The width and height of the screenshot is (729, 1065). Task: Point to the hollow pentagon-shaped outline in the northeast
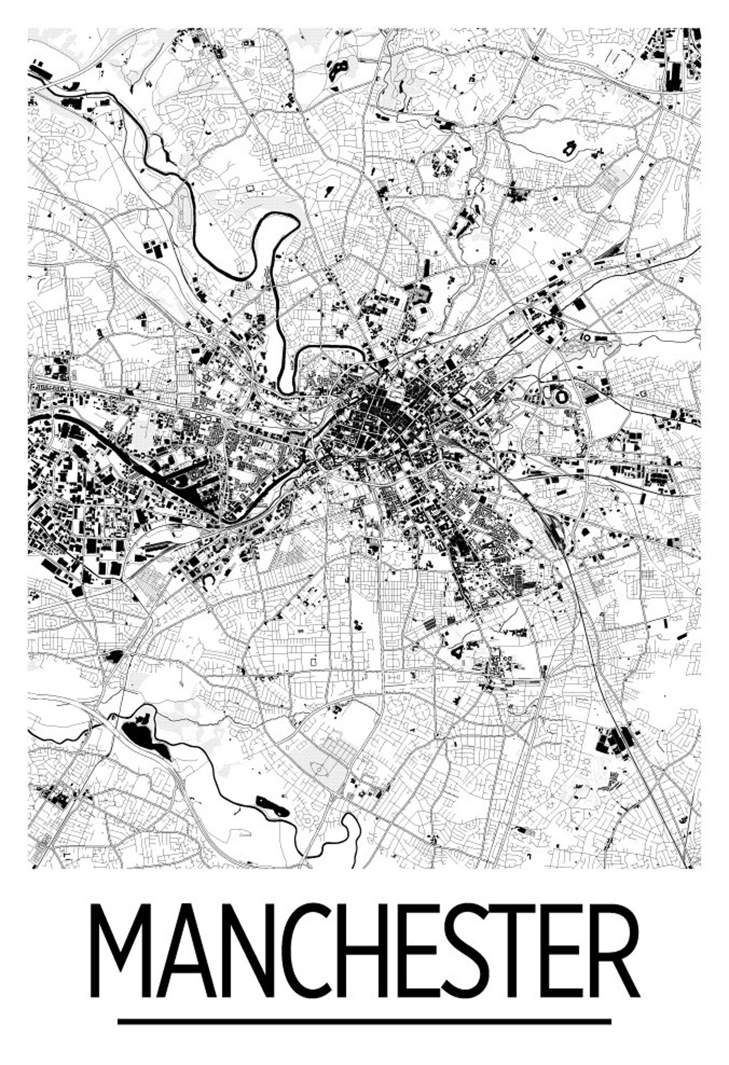coord(569,149)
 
